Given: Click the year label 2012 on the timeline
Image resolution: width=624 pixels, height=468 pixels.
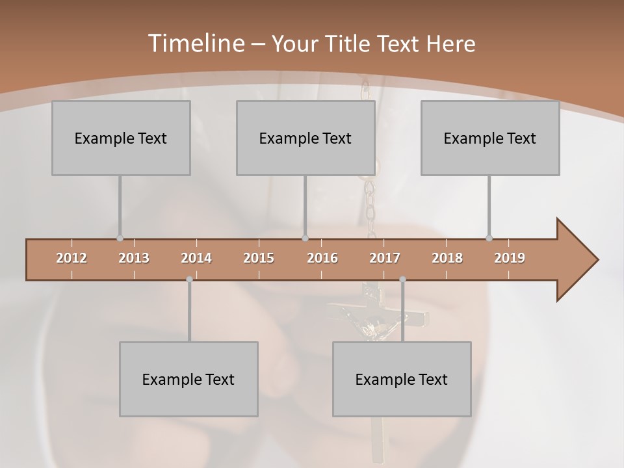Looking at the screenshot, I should tap(71, 258).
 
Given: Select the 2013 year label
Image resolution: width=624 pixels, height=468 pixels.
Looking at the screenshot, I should tap(134, 258).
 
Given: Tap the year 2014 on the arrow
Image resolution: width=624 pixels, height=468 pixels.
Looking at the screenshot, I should tap(196, 258).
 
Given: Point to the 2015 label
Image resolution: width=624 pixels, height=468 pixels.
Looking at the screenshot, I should tap(259, 258).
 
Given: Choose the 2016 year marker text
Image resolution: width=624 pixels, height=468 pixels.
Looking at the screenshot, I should tap(322, 258).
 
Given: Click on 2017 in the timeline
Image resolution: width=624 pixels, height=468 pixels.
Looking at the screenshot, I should tap(385, 258).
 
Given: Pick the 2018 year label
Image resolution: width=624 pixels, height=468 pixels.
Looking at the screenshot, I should tap(447, 258).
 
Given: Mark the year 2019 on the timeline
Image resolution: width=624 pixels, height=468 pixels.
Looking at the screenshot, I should tap(510, 258).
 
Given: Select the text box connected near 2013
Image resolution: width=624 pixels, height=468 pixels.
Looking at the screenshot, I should tap(121, 138).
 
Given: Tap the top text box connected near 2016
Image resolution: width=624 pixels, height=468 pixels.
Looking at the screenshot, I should tap(305, 138).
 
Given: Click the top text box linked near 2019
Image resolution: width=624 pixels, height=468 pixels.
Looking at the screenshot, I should tap(490, 138).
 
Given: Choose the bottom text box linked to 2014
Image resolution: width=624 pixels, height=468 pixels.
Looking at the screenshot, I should tap(188, 379).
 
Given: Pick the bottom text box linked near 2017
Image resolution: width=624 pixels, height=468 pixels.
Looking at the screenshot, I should tap(402, 379).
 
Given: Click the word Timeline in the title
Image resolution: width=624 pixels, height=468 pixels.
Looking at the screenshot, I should tap(195, 44).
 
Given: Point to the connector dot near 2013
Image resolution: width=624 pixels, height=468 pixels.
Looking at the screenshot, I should tap(120, 238).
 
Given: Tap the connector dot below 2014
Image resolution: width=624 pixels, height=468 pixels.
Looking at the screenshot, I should tap(189, 279).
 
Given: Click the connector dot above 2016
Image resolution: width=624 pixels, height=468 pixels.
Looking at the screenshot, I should tap(305, 238).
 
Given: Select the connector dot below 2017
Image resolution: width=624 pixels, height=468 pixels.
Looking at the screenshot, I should tap(402, 279).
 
